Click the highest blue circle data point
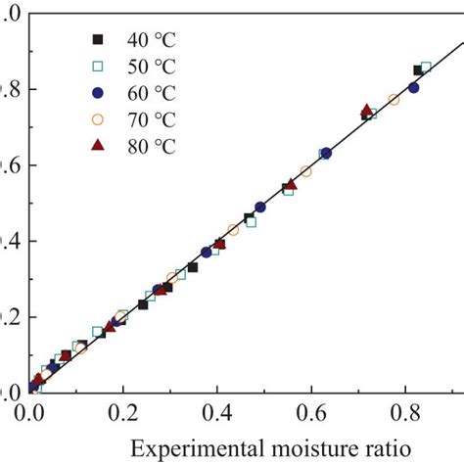(413, 87)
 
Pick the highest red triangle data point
(366, 111)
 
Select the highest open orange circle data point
(394, 99)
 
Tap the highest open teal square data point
(425, 68)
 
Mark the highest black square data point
(418, 70)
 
